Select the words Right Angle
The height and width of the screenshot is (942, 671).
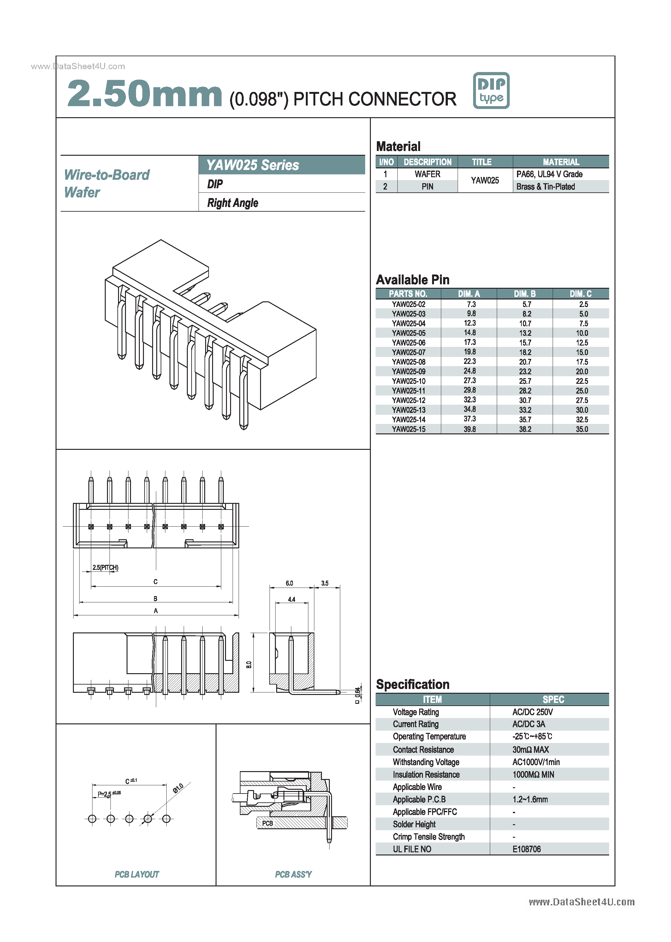[233, 203]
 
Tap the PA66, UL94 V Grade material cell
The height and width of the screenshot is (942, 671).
[549, 174]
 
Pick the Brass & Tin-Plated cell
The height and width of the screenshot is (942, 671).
[545, 186]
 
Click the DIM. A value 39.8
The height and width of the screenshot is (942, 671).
[469, 429]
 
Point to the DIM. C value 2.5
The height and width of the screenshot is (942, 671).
[583, 304]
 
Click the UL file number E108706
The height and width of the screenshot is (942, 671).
[526, 849]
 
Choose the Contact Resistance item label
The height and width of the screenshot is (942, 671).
[423, 750]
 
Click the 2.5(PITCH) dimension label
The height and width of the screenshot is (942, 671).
[105, 567]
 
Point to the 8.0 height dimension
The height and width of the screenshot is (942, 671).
[249, 665]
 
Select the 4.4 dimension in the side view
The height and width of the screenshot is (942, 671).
[291, 599]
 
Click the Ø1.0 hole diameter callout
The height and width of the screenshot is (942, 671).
[178, 788]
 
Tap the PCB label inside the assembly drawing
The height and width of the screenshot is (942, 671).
[267, 823]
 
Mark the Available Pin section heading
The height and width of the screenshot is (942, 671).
[412, 280]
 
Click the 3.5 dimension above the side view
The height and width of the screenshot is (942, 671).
[325, 583]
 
